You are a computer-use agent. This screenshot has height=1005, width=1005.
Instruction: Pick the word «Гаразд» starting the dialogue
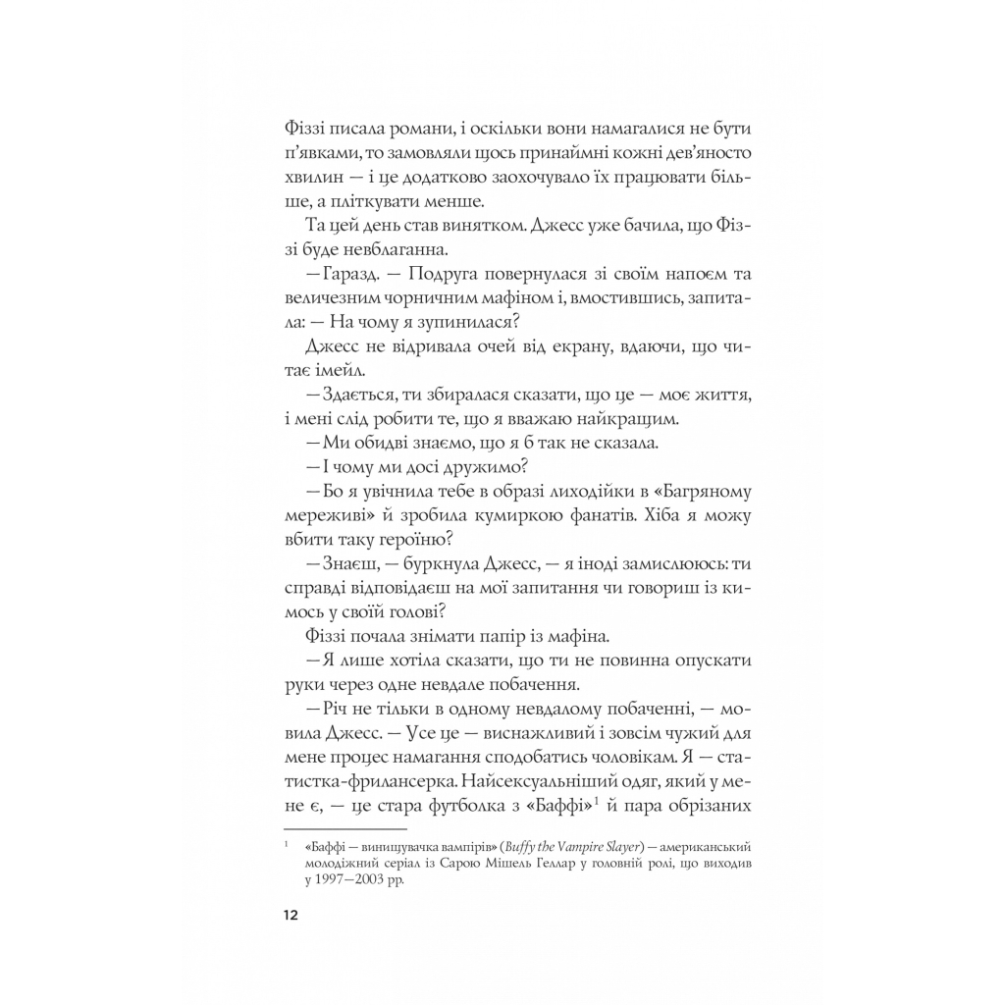click(335, 274)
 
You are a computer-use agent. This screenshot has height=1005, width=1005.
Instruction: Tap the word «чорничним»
click(405, 298)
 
